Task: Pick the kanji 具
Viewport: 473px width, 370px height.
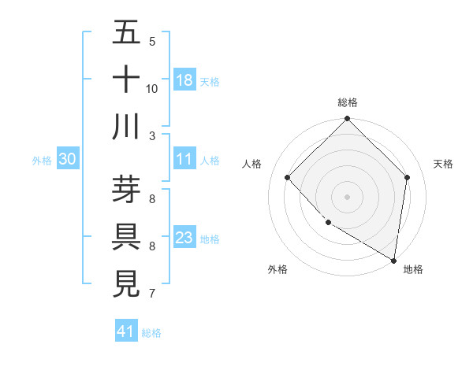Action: (x=126, y=235)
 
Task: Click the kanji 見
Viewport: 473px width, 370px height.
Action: (x=126, y=283)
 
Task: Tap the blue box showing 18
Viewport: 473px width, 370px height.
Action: (x=184, y=80)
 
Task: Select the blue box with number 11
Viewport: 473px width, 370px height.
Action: (x=184, y=159)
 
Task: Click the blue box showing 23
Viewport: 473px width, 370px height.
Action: (x=184, y=238)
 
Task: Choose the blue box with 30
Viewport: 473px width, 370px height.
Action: (x=67, y=159)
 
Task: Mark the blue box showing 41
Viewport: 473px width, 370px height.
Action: (x=126, y=331)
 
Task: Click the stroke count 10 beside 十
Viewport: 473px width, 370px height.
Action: (x=152, y=88)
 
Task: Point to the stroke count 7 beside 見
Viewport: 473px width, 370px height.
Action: (x=152, y=294)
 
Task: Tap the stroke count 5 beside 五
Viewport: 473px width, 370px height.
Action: (x=152, y=41)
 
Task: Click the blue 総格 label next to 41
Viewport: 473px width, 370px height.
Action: (x=151, y=333)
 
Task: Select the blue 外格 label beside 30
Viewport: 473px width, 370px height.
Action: (x=42, y=161)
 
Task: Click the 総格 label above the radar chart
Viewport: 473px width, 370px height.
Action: (x=348, y=102)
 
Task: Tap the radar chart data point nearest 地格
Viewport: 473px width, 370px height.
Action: (x=394, y=260)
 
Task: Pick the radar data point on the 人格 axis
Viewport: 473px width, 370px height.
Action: (x=288, y=177)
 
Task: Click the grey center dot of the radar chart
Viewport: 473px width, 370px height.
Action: (x=347, y=196)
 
